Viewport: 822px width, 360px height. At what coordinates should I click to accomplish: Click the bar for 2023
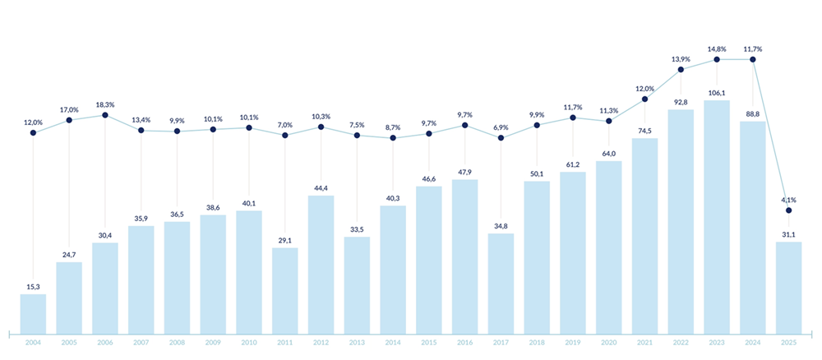pos(717,216)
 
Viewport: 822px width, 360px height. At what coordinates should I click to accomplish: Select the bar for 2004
pos(33,313)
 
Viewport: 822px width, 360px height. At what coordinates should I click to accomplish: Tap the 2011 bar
pos(284,290)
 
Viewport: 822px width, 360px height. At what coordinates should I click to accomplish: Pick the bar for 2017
pos(501,284)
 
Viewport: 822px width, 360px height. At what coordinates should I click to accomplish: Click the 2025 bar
pos(788,287)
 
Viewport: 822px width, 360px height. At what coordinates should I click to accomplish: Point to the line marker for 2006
pos(105,115)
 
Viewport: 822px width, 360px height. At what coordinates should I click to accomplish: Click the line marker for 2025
pos(788,210)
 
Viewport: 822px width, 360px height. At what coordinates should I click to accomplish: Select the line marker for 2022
pos(681,69)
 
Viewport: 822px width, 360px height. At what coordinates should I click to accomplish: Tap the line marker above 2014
pos(393,138)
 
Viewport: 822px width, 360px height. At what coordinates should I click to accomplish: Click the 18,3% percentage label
pos(105,105)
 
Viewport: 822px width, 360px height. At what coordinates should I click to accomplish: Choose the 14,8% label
pos(717,49)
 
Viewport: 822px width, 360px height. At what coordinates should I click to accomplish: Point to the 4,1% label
pos(788,200)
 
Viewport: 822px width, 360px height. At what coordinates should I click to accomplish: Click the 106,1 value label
pos(717,92)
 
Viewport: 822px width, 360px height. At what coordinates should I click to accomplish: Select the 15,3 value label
pos(33,287)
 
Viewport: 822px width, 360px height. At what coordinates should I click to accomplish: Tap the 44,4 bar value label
pos(321,188)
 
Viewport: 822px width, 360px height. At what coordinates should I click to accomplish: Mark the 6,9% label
pos(501,127)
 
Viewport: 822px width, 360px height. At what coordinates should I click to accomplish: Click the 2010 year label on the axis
pos(249,343)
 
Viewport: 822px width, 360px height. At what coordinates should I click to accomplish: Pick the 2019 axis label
pos(572,343)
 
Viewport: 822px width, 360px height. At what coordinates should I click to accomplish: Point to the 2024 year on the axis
pos(752,343)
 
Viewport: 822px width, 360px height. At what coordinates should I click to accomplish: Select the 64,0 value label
pos(608,154)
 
